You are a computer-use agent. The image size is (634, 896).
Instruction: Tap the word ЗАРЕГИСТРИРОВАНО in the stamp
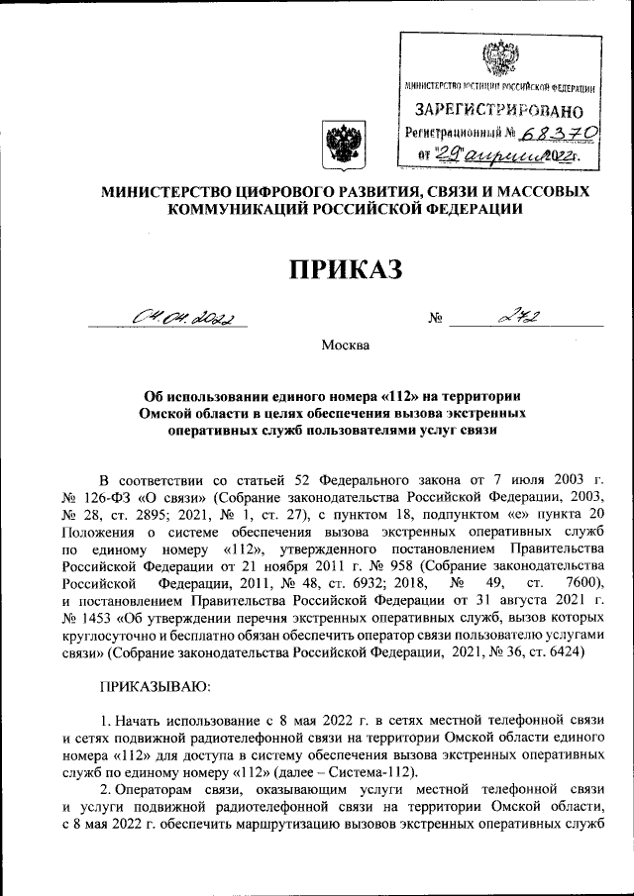point(491,109)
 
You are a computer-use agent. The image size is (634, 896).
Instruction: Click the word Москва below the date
point(344,346)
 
